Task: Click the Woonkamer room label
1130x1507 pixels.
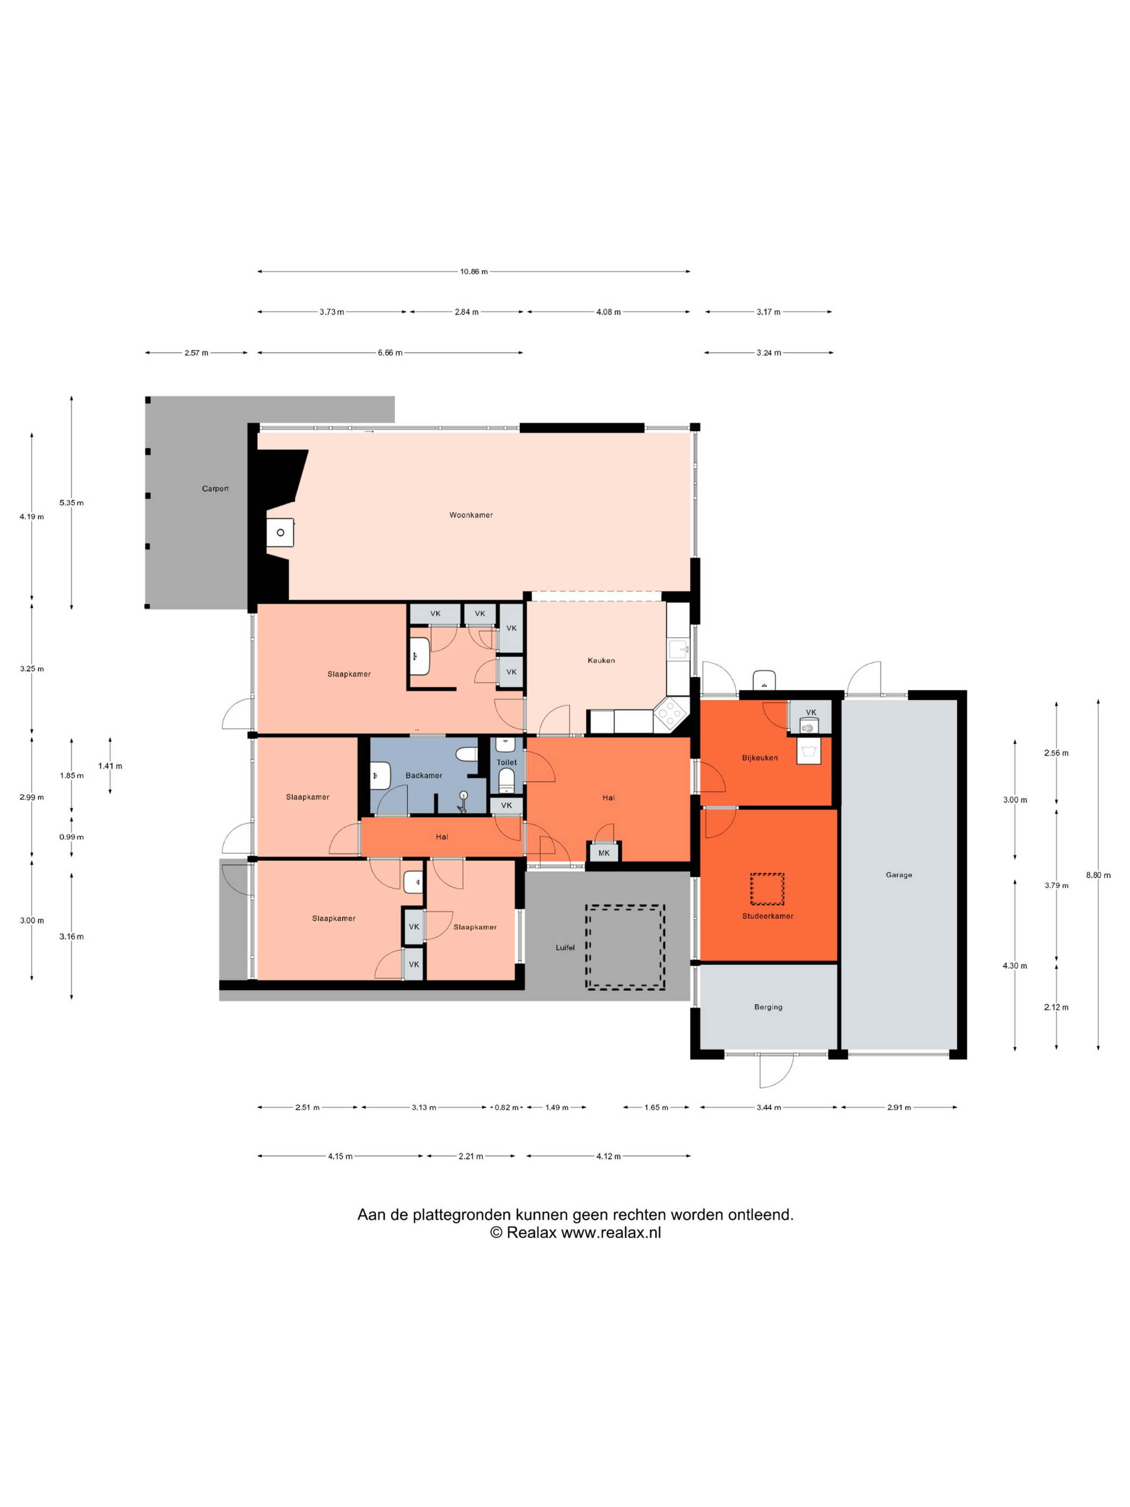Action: coord(471,515)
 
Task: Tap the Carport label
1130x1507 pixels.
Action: coord(215,489)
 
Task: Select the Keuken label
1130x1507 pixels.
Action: coord(601,660)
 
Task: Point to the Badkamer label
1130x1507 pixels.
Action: coord(423,776)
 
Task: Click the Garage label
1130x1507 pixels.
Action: coord(899,875)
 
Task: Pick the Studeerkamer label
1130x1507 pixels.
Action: coord(768,916)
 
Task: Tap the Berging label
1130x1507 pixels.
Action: coord(768,1007)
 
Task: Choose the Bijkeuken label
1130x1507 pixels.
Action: coord(759,758)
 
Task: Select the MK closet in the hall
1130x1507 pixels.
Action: coord(604,853)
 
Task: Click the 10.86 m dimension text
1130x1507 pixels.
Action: coord(474,271)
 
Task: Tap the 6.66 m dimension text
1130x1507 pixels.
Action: coord(390,353)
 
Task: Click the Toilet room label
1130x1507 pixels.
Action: coord(506,762)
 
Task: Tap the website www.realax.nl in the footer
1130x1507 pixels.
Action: coord(610,1233)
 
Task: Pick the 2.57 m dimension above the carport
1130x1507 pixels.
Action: coord(196,353)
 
